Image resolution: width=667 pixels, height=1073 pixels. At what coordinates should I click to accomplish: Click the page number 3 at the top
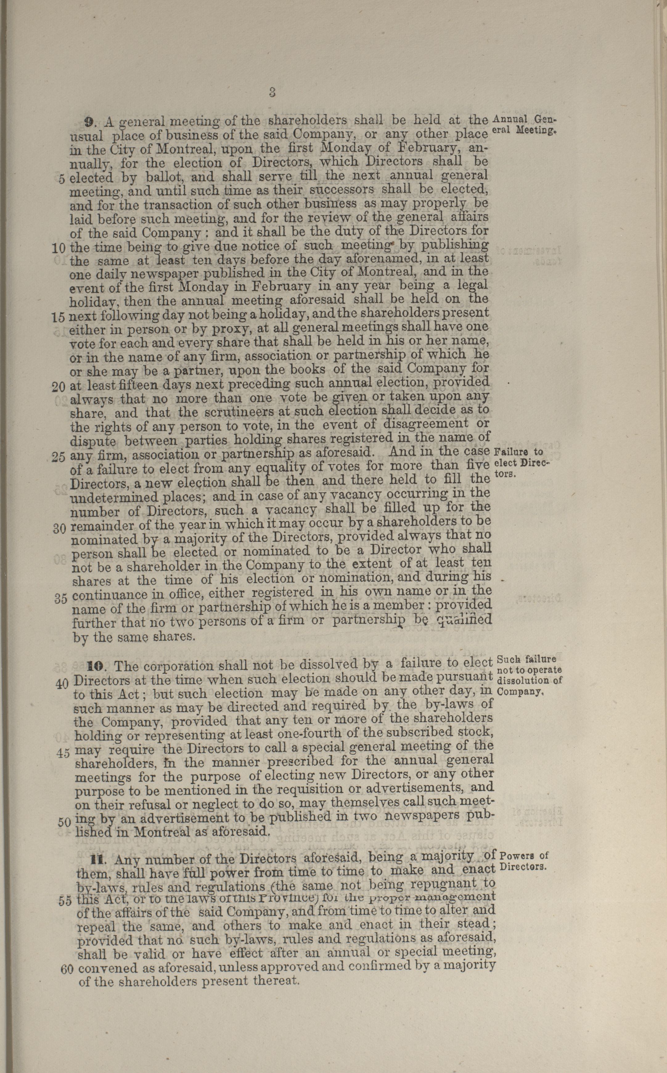pos(272,92)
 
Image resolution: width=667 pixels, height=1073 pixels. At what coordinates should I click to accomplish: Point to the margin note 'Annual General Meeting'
pos(524,125)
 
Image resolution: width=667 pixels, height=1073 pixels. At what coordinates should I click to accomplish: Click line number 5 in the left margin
pos(61,178)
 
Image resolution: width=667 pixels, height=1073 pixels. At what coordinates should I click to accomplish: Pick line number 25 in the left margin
pos(58,457)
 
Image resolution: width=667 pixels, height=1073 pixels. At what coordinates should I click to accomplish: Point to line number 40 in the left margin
pos(62,683)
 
